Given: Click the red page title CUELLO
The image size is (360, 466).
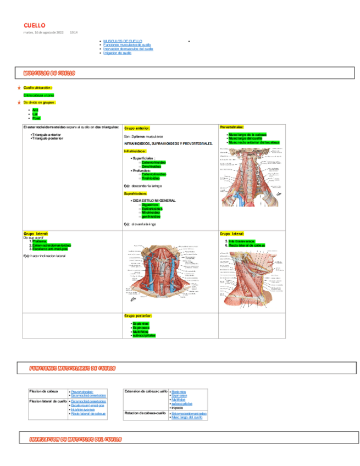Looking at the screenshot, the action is pyautogui.click(x=34, y=26).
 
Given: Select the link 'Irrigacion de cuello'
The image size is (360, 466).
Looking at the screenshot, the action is pyautogui.click(x=117, y=53).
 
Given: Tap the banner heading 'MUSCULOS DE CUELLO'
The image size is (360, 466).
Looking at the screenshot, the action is pyautogui.click(x=49, y=73).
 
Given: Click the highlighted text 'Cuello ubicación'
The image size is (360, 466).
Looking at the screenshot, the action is pyautogui.click(x=37, y=88).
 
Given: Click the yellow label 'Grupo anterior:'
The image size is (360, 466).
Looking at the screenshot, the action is pyautogui.click(x=137, y=127).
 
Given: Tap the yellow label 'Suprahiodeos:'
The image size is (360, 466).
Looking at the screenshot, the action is pyautogui.click(x=135, y=193).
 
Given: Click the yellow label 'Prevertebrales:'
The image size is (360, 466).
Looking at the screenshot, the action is pyautogui.click(x=231, y=127).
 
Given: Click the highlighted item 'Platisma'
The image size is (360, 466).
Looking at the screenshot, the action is pyautogui.click(x=39, y=241).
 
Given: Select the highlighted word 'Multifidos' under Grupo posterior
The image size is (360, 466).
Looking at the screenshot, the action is pyautogui.click(x=141, y=331).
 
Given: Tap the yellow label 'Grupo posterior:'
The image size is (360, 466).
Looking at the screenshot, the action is pyautogui.click(x=138, y=316).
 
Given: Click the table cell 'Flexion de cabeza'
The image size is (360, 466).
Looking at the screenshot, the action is pyautogui.click(x=43, y=391).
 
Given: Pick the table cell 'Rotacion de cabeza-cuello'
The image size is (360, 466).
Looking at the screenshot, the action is pyautogui.click(x=145, y=413).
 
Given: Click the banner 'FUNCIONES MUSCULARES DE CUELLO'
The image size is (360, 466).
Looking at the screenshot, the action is pyautogui.click(x=73, y=368).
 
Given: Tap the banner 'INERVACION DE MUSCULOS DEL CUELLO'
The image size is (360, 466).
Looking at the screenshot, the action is pyautogui.click(x=76, y=439).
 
